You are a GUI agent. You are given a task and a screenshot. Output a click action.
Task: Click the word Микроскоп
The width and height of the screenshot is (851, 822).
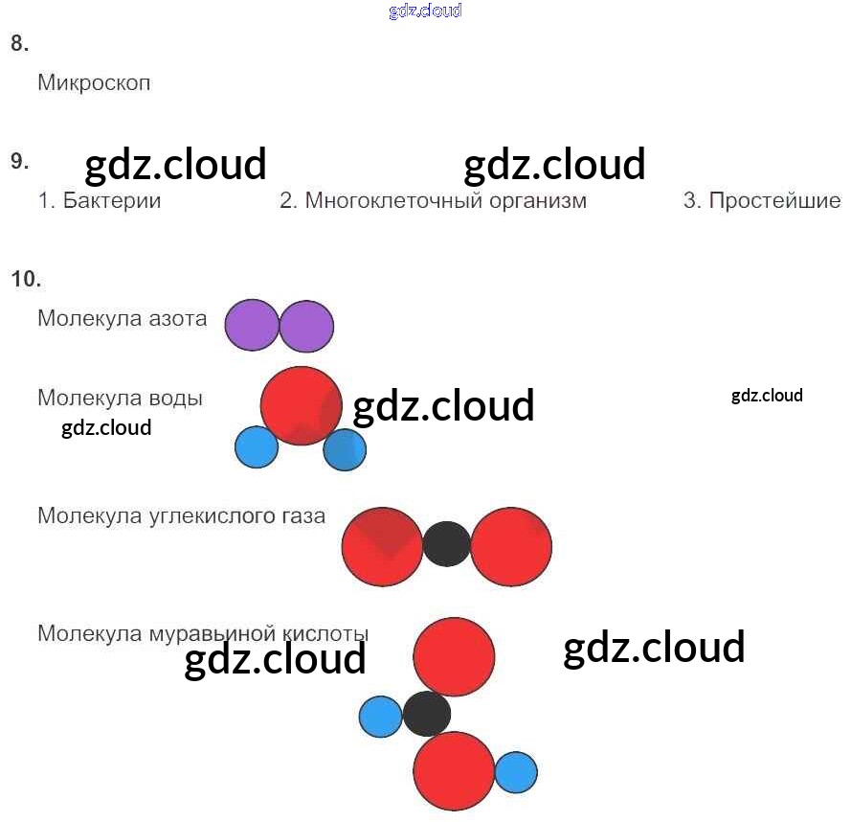[94, 83]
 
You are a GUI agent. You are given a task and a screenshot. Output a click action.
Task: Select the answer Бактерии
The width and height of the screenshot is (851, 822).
[111, 201]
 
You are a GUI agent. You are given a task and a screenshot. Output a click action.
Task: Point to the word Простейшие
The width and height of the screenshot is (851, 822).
[774, 201]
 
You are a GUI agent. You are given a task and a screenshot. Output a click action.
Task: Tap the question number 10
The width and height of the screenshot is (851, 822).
[26, 279]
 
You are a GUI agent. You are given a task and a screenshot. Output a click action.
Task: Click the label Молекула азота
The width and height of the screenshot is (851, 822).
[122, 319]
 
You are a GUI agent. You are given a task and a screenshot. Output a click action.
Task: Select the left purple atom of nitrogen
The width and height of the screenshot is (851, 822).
[251, 326]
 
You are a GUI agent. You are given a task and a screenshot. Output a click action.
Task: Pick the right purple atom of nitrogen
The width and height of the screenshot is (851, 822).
[307, 326]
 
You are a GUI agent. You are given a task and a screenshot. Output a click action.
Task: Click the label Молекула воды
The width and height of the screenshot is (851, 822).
[120, 398]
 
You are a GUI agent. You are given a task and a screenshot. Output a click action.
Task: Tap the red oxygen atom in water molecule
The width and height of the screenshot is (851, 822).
[301, 405]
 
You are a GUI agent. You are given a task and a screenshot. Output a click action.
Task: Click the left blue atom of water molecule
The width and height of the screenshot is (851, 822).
[256, 447]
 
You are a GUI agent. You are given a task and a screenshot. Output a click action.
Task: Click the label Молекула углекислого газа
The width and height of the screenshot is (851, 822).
[181, 516]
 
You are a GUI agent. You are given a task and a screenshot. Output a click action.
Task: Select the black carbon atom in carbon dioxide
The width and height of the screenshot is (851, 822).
[446, 544]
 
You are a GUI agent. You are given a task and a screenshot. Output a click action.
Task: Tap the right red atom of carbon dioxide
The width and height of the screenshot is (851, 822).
[511, 546]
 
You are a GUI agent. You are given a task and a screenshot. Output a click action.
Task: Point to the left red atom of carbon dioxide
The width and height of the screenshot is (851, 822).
[382, 546]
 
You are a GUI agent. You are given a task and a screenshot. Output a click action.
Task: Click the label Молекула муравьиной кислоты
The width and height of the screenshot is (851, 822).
[203, 633]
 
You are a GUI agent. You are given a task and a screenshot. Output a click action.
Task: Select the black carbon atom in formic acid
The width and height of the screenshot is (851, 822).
[427, 714]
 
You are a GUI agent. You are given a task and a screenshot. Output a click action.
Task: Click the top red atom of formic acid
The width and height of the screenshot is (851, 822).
[454, 657]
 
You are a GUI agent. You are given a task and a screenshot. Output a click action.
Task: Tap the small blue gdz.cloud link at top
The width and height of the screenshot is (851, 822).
[425, 11]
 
